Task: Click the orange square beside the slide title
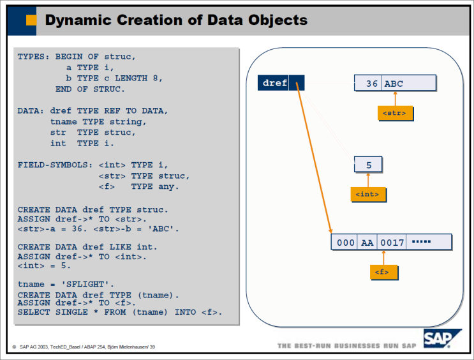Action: [30, 20]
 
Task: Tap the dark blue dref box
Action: [275, 83]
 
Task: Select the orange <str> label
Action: [395, 113]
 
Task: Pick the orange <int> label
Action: [368, 194]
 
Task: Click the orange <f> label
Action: [383, 273]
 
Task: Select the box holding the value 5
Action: [368, 165]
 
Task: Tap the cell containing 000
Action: [345, 243]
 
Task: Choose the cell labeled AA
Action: [367, 243]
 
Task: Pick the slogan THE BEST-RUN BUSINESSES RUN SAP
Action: [348, 346]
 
